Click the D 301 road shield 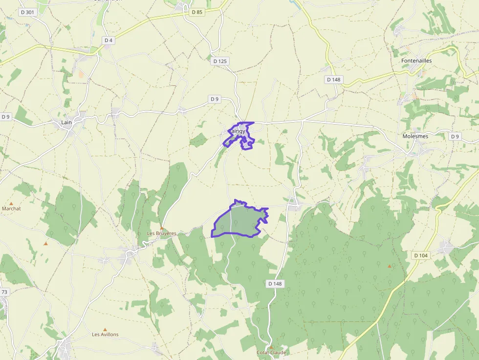[28, 12]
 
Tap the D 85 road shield [197, 12]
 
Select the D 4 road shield [109, 40]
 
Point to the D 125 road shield [220, 61]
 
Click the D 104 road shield [420, 255]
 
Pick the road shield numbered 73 [4, 292]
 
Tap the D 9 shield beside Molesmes [455, 136]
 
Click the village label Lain [66, 122]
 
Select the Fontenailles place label [416, 61]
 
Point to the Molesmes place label [415, 136]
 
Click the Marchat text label [12, 209]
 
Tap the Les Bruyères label [161, 233]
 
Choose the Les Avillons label [105, 335]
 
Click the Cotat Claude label [271, 352]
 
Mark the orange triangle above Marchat [11, 203]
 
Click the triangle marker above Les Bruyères [161, 228]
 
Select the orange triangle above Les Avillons [105, 329]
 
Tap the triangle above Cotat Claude [271, 347]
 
